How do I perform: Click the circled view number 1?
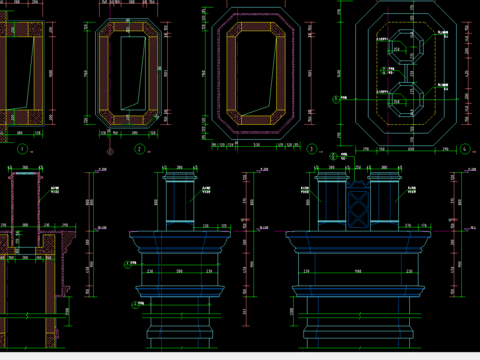click(x=21, y=149)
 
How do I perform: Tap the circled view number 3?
click(x=312, y=149)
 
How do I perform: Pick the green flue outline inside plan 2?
click(x=131, y=75)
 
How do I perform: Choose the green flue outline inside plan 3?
click(x=257, y=75)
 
